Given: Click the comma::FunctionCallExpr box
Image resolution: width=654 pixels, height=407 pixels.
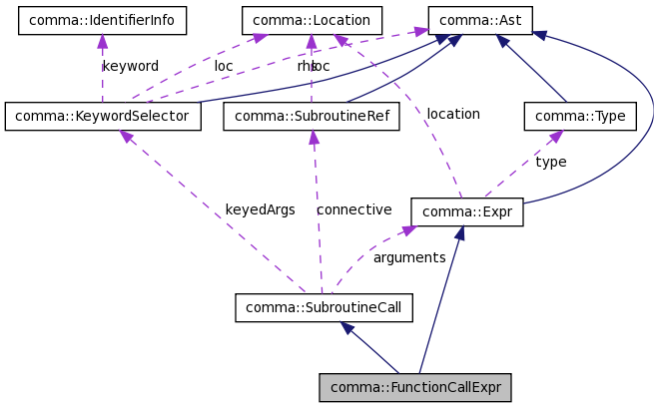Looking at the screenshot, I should point(415,387).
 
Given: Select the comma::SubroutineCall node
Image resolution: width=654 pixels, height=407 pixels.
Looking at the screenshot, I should point(324,307).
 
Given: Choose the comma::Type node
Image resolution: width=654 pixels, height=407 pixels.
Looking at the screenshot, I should point(580,117).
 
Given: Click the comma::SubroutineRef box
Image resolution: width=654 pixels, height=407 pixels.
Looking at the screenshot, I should point(311,117).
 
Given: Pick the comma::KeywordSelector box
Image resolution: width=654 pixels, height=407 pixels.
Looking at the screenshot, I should point(103,117).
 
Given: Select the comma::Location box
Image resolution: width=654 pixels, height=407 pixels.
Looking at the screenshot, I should point(311,19).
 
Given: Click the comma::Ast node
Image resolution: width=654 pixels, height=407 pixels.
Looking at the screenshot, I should point(480,19).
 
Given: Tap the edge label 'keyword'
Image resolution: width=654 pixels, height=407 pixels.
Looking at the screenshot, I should point(130,66).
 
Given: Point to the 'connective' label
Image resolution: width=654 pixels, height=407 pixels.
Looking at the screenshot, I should point(353,209).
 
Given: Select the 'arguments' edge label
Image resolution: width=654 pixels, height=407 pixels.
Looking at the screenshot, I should point(408,257).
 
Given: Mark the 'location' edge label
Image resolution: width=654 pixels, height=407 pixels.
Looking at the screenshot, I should point(453,114).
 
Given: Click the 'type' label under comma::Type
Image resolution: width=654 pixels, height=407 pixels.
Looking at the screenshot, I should point(550,162).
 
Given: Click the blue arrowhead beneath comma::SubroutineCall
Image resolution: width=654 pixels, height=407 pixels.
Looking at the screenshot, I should point(345,328).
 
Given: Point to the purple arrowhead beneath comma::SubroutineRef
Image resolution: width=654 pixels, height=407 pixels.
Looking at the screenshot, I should point(313,138).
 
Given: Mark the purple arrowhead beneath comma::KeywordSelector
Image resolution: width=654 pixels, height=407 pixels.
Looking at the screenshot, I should point(127,137).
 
